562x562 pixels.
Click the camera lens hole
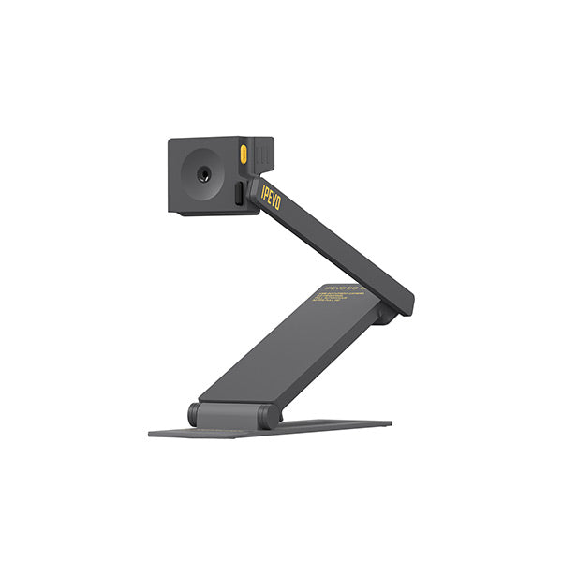[x=202, y=175]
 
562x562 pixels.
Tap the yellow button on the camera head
[x=244, y=155]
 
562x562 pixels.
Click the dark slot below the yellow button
[x=240, y=193]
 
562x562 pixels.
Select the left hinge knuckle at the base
[x=195, y=413]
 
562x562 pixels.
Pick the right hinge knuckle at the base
[x=269, y=416]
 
